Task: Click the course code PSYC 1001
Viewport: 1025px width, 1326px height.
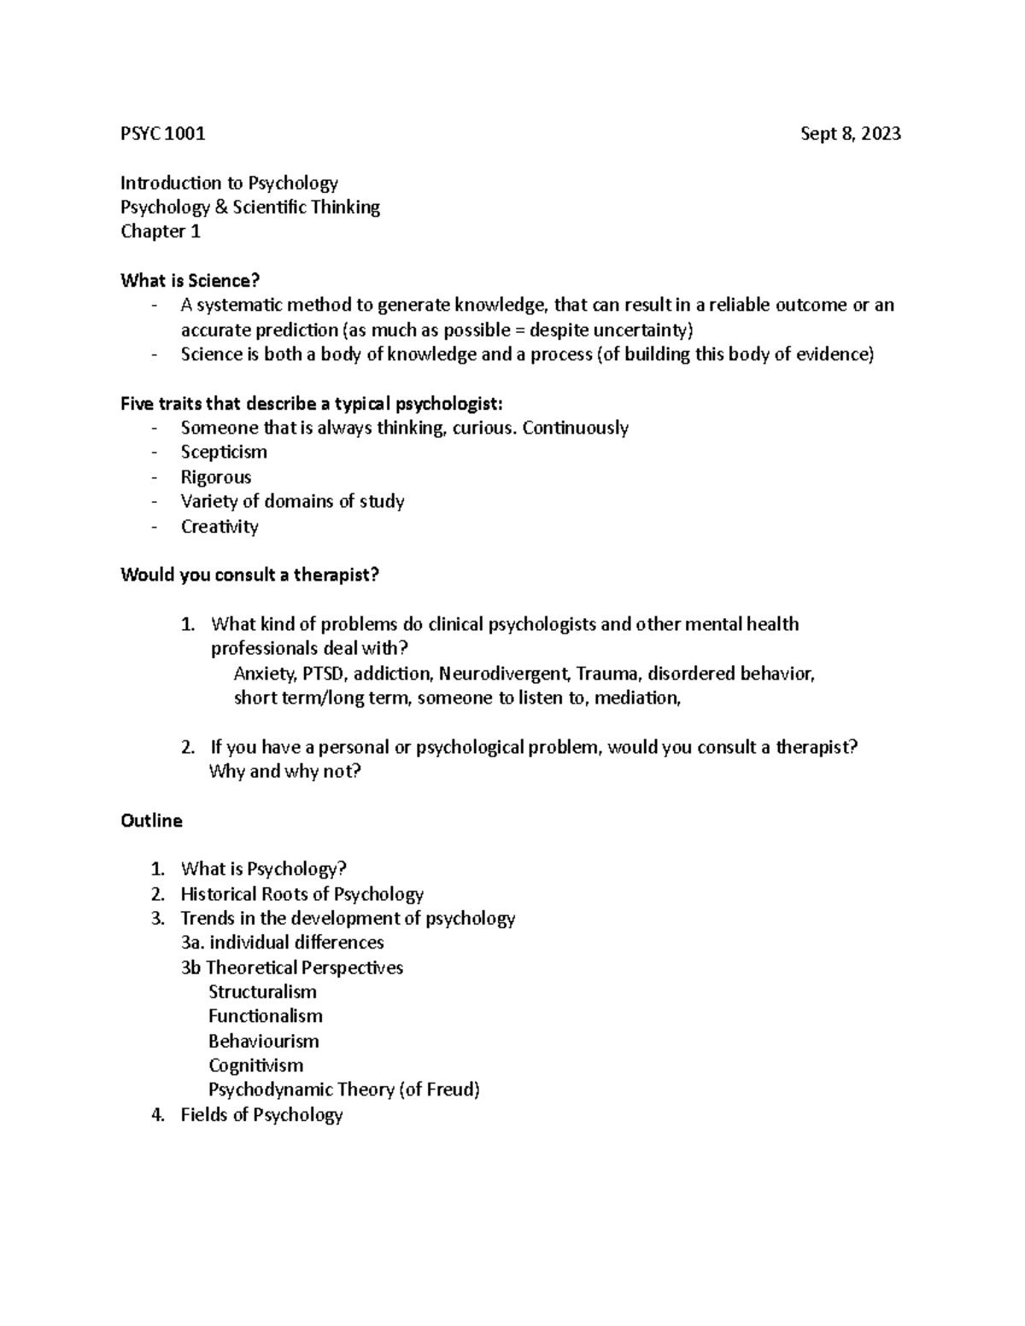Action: coord(163,133)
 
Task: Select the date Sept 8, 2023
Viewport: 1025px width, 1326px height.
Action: coord(850,133)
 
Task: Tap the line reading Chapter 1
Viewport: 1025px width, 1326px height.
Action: coord(161,231)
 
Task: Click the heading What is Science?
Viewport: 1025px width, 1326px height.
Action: coord(190,280)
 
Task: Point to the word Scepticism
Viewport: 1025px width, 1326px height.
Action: coord(224,452)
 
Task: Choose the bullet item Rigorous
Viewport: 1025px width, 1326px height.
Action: coord(216,476)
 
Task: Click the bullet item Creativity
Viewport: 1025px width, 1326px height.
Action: coord(220,526)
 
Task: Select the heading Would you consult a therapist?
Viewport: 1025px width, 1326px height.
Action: coord(249,575)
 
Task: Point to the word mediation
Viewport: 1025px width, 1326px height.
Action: coord(636,698)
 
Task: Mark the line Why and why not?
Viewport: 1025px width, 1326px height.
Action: coord(285,772)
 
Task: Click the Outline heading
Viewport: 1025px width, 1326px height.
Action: coord(152,821)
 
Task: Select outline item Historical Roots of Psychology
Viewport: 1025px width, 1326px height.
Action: coord(302,894)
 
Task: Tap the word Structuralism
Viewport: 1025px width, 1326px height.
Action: coord(262,992)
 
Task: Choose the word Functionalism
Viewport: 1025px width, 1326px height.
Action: coord(266,1016)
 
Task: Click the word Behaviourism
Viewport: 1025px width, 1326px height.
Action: coord(263,1041)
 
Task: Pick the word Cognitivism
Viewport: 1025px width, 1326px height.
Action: coord(255,1066)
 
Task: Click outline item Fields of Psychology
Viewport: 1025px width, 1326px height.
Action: coord(261,1114)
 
